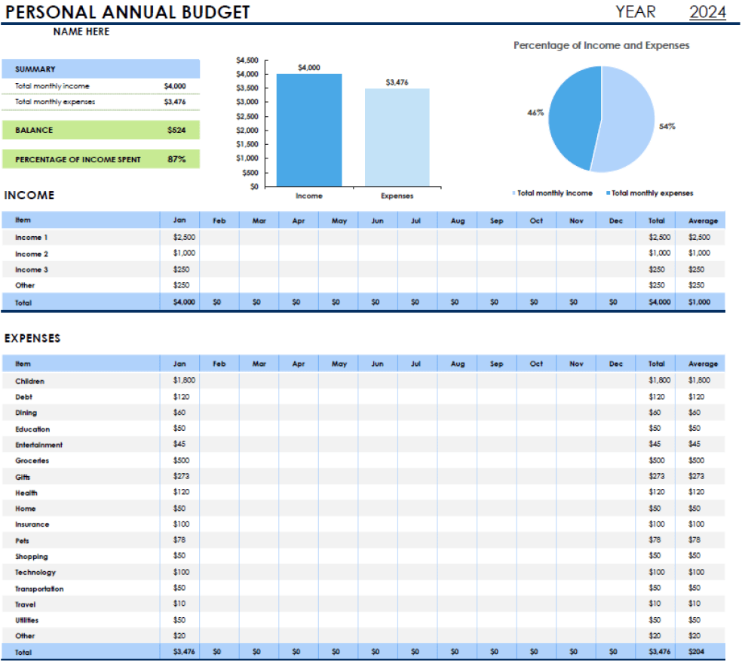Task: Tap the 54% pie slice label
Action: click(x=667, y=127)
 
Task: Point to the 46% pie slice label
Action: click(x=535, y=112)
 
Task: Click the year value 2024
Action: click(x=707, y=12)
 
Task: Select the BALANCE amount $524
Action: click(x=176, y=130)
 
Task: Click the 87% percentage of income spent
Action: click(x=176, y=159)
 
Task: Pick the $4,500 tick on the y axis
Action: click(x=247, y=60)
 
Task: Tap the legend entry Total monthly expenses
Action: click(x=652, y=193)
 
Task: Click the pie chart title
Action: click(x=601, y=45)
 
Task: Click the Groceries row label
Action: click(x=32, y=460)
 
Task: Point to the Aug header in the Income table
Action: click(x=457, y=220)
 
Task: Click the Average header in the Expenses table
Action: click(x=703, y=364)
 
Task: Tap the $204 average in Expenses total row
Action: click(x=694, y=650)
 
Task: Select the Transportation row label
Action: click(x=39, y=589)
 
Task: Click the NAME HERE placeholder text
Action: click(x=81, y=32)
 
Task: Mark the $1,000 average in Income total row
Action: click(x=699, y=302)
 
